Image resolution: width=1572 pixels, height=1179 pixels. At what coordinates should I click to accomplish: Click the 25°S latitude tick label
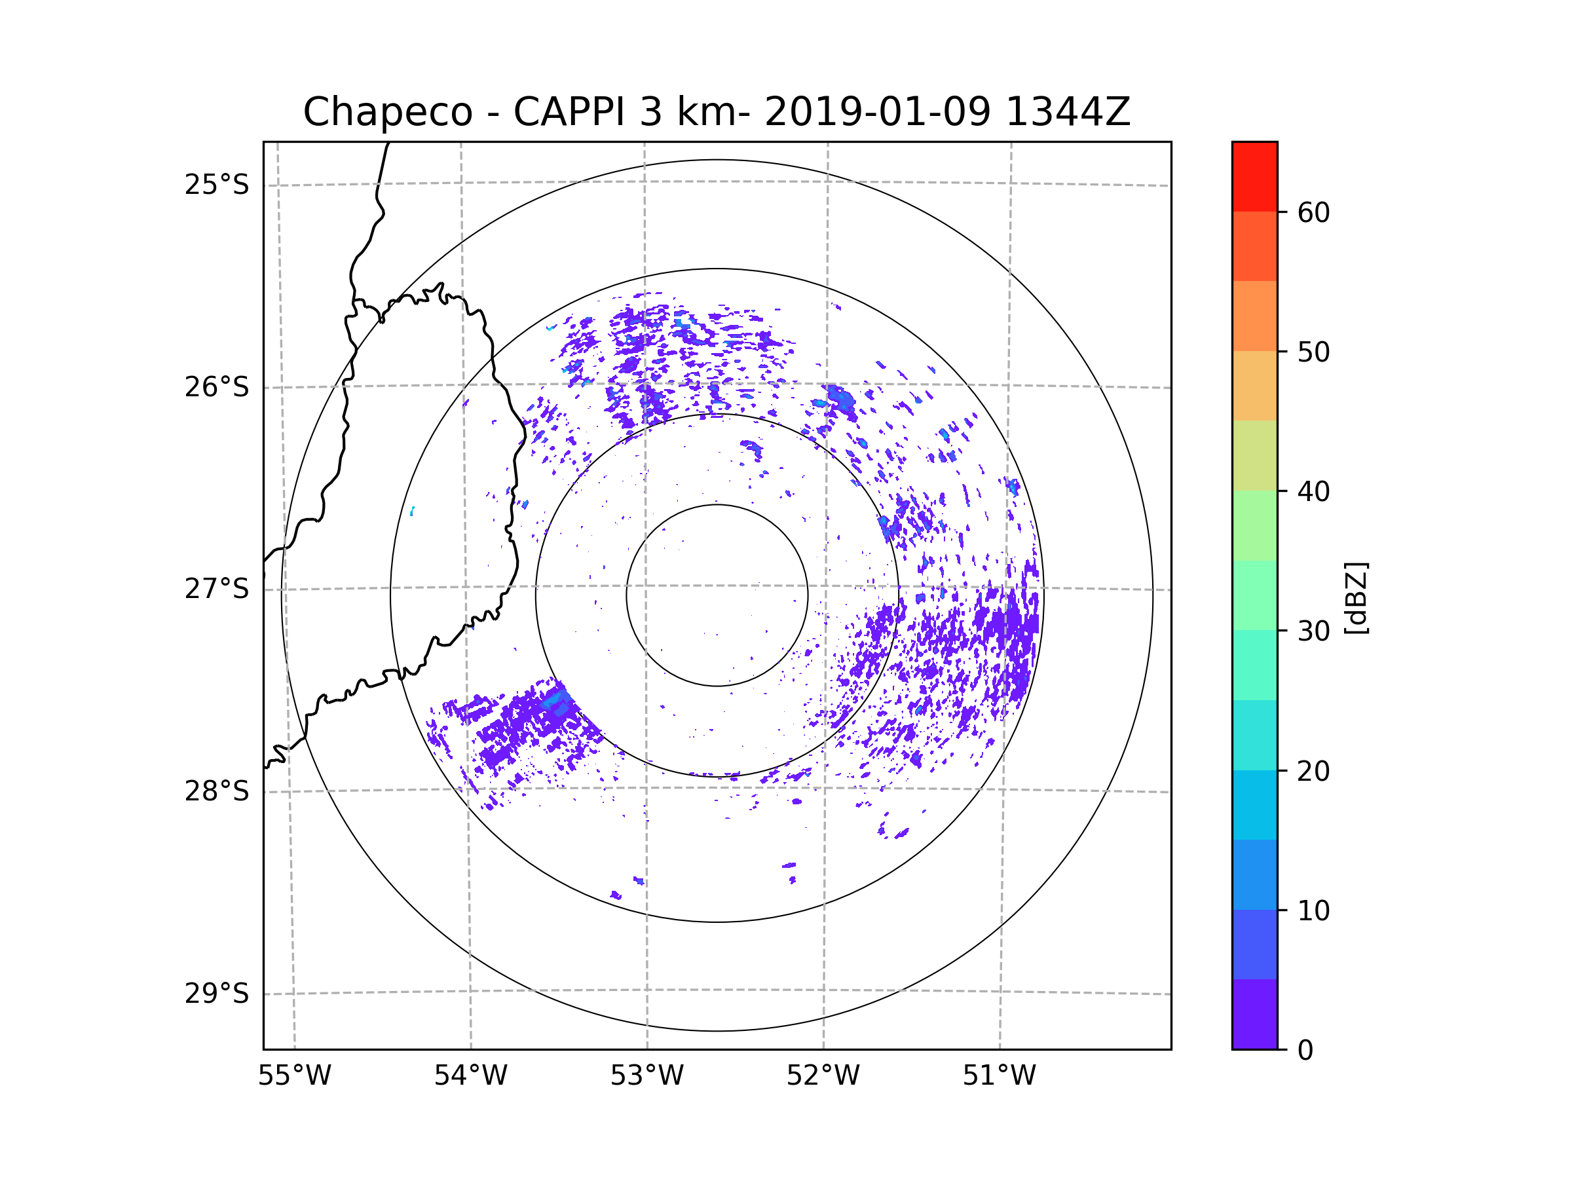tap(217, 185)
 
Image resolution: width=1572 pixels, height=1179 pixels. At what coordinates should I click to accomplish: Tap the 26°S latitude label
tap(217, 387)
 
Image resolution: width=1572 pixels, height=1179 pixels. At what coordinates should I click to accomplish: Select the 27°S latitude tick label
tap(217, 589)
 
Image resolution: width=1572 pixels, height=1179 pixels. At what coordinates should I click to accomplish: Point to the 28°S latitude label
tap(217, 791)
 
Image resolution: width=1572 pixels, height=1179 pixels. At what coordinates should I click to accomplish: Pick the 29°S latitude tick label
tap(217, 994)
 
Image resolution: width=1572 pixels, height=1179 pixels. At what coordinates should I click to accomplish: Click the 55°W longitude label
tap(294, 1076)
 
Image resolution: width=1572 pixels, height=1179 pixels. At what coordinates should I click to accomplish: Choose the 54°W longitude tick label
tap(470, 1076)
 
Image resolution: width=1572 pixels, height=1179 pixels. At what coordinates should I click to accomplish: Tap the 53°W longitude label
tap(646, 1076)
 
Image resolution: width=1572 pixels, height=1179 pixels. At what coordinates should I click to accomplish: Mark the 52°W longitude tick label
tap(823, 1076)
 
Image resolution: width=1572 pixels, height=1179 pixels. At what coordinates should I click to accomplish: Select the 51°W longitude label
tap(999, 1076)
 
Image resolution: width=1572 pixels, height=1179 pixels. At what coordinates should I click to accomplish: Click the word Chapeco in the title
tap(387, 112)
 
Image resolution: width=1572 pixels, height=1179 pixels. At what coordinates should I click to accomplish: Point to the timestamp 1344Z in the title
tap(1068, 112)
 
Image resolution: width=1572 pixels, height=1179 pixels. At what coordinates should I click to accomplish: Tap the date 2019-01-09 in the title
tap(877, 112)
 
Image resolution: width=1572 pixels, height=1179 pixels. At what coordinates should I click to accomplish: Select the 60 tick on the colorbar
tap(1313, 212)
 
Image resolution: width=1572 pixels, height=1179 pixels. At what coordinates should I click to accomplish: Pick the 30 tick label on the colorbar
tap(1313, 631)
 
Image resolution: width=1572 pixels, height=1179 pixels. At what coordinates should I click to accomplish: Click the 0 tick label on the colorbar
tap(1305, 1050)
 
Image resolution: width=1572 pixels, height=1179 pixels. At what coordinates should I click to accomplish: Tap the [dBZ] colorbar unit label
tap(1356, 597)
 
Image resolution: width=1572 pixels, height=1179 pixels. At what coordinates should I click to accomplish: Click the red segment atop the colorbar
tap(1254, 176)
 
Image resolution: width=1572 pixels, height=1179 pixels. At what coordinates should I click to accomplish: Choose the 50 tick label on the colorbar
tap(1313, 352)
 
